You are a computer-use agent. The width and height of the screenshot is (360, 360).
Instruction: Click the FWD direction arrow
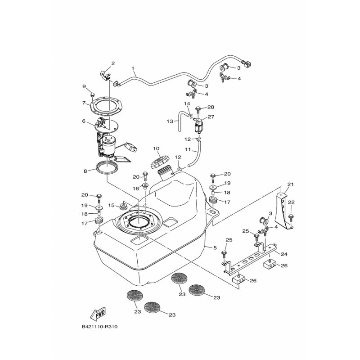pyautogui.click(x=98, y=313)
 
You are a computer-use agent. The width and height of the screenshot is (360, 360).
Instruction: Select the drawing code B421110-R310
pyautogui.click(x=99, y=327)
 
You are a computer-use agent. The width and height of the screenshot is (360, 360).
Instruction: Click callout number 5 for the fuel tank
pyautogui.click(x=215, y=248)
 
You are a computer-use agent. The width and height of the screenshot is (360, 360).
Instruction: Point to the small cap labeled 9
pyautogui.click(x=92, y=94)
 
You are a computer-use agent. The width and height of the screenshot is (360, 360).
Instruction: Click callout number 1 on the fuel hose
pyautogui.click(x=133, y=68)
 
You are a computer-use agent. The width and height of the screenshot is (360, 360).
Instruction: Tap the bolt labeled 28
pyautogui.click(x=198, y=110)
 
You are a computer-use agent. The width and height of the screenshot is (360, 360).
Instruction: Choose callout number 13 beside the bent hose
pyautogui.click(x=170, y=121)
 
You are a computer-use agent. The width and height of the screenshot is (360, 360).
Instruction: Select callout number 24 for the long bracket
pyautogui.click(x=284, y=254)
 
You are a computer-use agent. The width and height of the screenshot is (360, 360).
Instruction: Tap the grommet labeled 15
pyautogui.click(x=123, y=206)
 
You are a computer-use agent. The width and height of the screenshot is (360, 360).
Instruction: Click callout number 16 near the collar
pyautogui.click(x=136, y=189)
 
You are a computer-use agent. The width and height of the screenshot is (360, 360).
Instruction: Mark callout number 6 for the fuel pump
pyautogui.click(x=84, y=121)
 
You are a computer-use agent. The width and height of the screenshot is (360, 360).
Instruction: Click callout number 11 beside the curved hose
pyautogui.click(x=188, y=149)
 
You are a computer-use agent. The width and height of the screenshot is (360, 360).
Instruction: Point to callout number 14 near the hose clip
pyautogui.click(x=187, y=104)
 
